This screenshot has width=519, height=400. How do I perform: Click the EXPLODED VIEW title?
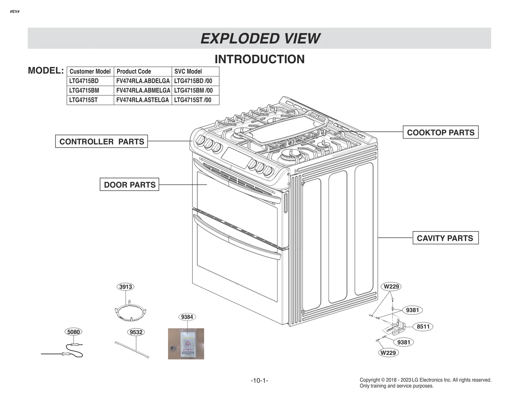260,39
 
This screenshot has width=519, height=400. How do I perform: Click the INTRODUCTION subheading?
259,59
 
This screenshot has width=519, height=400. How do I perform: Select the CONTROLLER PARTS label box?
102,142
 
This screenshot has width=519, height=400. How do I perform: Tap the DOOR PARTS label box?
129,185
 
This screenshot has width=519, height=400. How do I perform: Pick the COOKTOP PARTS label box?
441,133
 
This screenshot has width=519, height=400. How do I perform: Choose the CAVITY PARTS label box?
445,238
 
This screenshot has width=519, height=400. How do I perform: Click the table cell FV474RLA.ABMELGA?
143,90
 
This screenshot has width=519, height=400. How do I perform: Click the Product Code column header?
134,71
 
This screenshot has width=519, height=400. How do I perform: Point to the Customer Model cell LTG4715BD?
84,81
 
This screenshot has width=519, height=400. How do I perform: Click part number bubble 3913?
125,287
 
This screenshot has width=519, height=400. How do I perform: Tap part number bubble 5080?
73,332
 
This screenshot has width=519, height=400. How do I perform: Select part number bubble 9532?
136,332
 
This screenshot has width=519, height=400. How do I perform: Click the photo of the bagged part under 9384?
186,344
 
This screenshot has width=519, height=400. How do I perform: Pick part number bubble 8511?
423,327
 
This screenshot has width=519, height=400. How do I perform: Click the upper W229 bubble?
391,287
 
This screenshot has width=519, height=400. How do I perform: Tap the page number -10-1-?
259,381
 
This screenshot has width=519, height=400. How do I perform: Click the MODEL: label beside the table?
46,70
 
